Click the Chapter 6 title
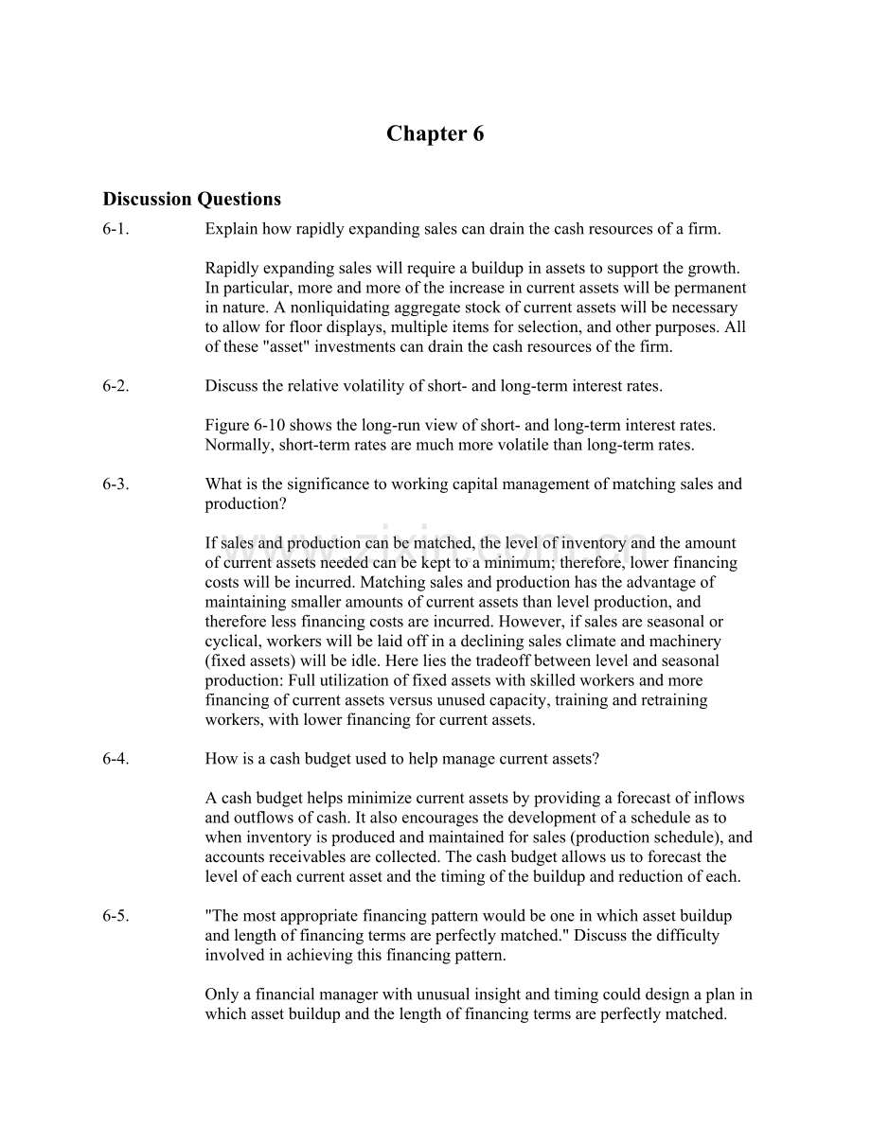coord(435,134)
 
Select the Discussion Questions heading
coord(191,199)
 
